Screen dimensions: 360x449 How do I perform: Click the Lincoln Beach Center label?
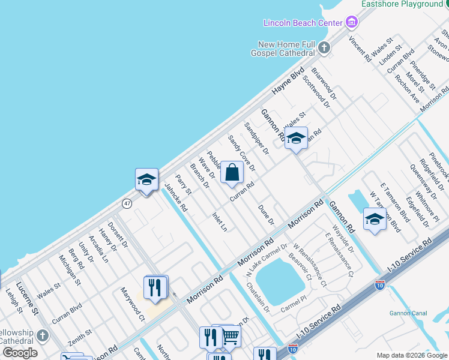303,23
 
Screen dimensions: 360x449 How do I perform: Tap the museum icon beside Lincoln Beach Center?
352,23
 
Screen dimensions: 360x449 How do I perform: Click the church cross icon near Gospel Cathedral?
324,47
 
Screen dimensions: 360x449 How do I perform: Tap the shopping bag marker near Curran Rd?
232,173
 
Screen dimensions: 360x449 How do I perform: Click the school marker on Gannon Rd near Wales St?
296,139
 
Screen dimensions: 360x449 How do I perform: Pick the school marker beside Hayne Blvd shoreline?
146,179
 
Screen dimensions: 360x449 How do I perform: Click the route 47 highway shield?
127,204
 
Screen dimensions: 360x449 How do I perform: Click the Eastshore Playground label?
401,4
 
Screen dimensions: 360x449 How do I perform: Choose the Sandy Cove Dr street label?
242,152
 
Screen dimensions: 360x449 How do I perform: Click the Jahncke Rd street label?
176,199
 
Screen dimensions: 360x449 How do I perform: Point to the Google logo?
20,353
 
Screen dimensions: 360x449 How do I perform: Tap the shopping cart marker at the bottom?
231,337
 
